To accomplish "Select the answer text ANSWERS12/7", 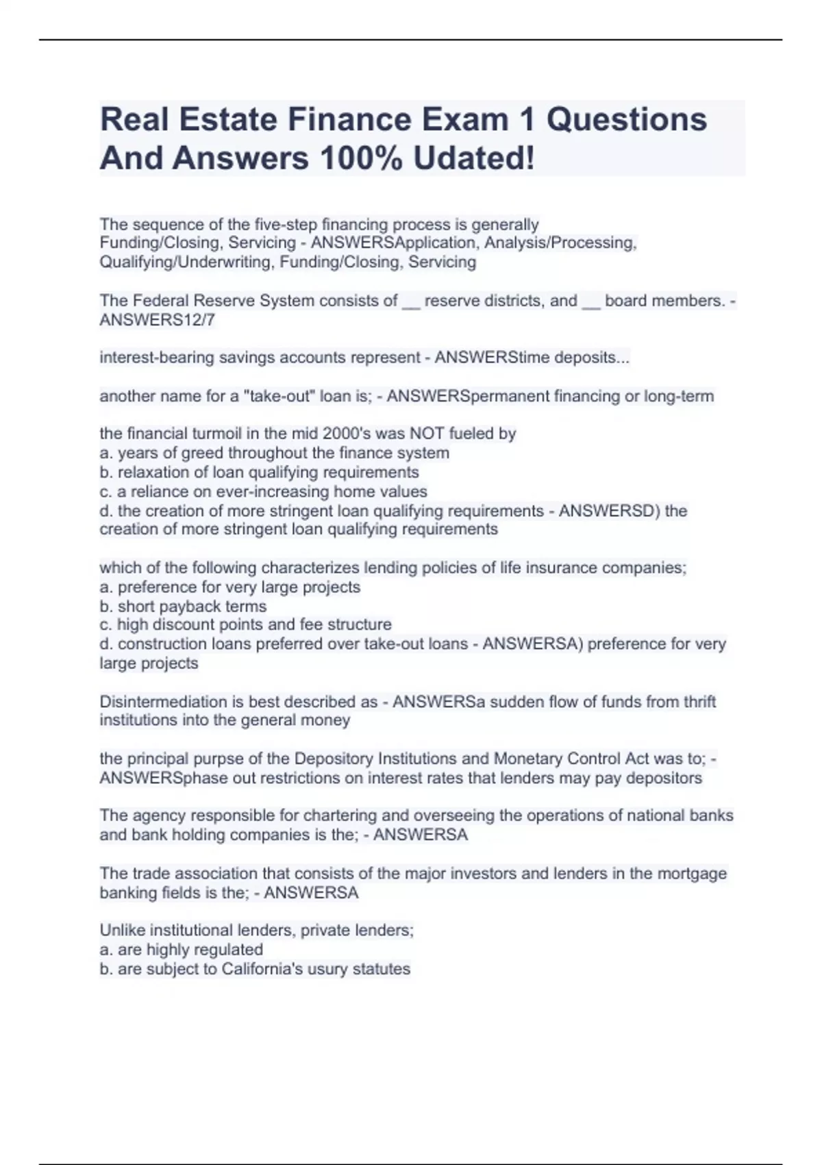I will pos(158,320).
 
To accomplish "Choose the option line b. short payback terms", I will pos(183,606).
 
